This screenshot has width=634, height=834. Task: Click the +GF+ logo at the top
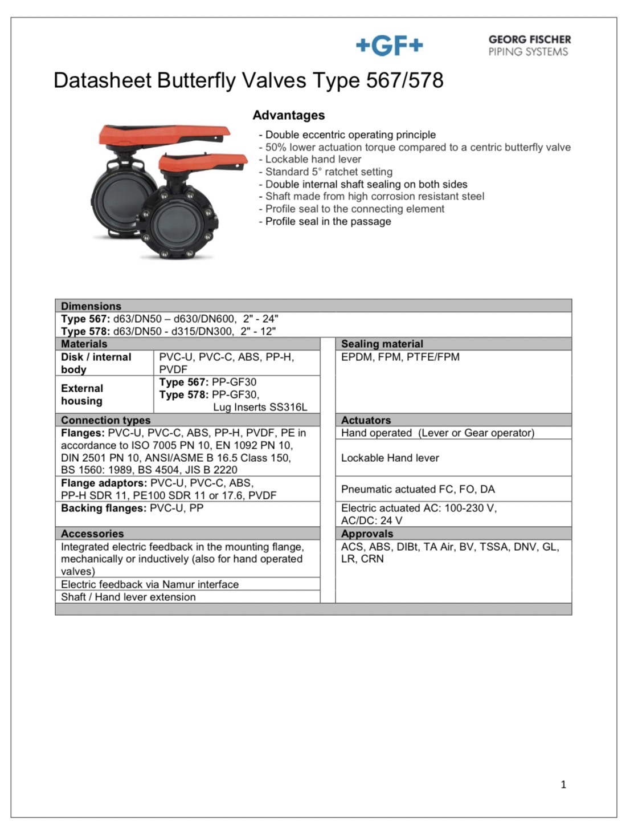coord(389,46)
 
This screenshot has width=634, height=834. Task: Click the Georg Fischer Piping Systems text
coord(529,46)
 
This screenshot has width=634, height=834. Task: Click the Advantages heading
coord(288,115)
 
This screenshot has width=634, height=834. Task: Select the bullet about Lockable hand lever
coord(313,160)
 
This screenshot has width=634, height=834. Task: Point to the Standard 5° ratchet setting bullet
coord(329,172)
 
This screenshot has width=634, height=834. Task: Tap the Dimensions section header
coord(91,306)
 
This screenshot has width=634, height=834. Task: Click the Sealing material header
coord(382,344)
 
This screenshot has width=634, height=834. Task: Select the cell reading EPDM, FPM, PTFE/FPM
coord(400,357)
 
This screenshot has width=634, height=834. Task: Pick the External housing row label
coord(82,394)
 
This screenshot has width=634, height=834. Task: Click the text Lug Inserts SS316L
coord(260,407)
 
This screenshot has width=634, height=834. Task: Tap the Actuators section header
coord(366,420)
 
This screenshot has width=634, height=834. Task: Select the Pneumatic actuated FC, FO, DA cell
coord(418,489)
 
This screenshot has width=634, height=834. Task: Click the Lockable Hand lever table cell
coord(390,458)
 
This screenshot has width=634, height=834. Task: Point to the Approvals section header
coord(367,534)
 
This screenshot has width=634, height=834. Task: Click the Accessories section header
coord(92,534)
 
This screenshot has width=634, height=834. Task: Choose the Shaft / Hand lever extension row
coord(128,597)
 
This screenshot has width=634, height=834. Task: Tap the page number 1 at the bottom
coord(563,784)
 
